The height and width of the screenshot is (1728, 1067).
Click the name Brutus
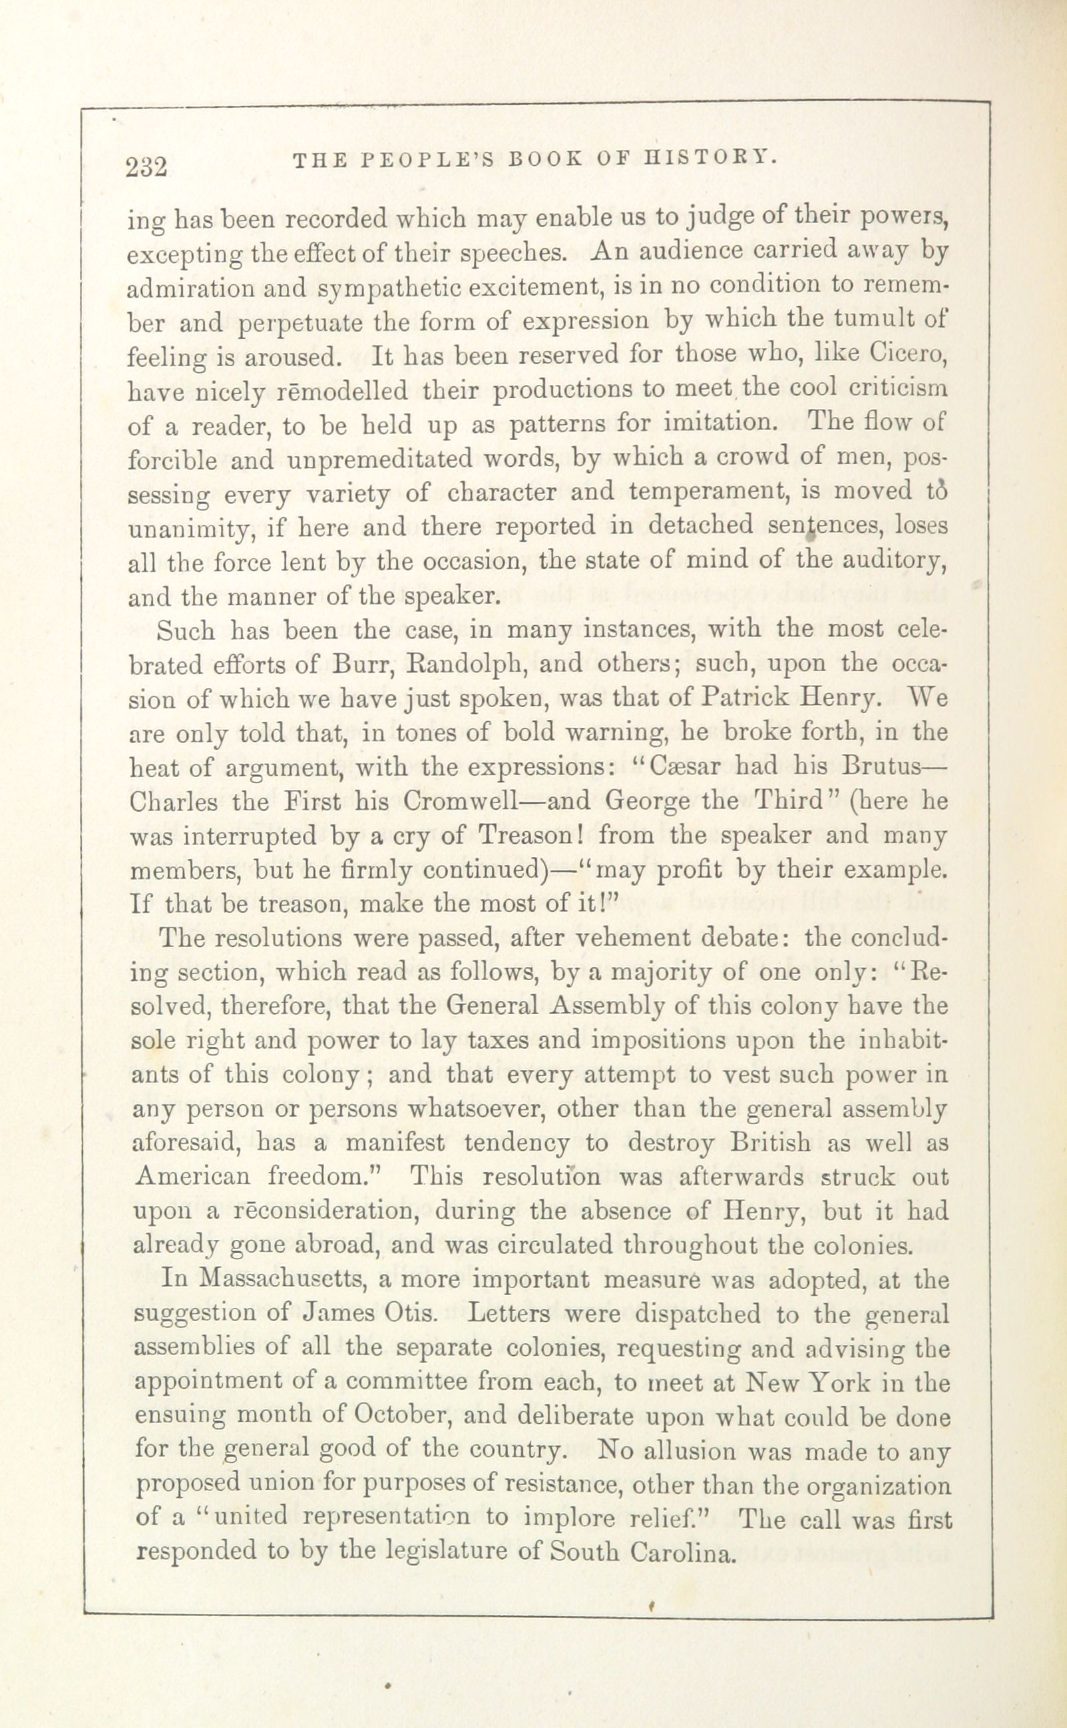[892, 766]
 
